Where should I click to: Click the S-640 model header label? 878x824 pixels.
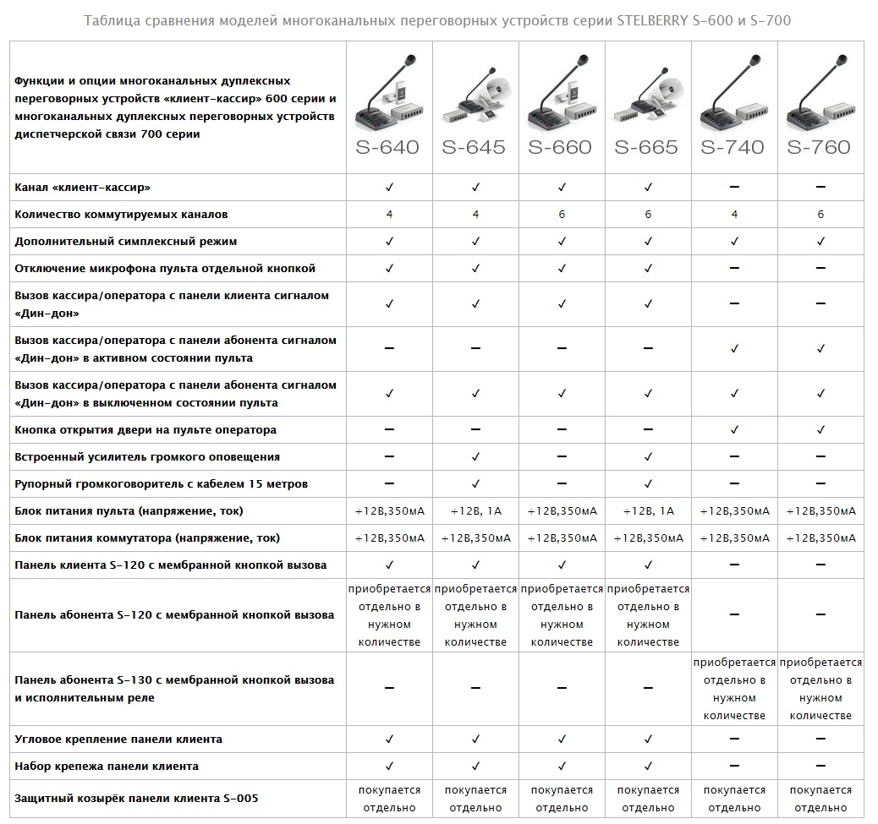389,147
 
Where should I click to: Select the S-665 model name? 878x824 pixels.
647,147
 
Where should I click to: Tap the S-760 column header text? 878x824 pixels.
819,147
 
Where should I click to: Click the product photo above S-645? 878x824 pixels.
475,93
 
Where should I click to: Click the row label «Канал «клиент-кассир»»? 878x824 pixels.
88,187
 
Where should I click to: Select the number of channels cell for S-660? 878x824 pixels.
562,215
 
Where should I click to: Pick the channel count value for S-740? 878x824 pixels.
734,215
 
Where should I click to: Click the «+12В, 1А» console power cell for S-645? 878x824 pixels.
475,511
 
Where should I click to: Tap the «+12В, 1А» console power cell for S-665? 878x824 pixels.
648,511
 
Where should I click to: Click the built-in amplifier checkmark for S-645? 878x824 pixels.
475,457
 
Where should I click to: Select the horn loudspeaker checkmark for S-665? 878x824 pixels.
648,484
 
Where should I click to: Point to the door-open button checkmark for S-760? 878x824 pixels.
820,430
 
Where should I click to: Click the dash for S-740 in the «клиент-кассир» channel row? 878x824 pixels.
734,187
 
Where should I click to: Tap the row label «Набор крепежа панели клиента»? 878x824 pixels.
107,767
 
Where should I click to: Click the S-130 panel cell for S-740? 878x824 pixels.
734,689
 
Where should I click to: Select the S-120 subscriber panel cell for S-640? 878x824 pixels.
389,615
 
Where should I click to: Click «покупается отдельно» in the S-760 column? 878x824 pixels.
820,799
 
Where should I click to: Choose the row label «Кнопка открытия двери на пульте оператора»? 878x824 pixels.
145,430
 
